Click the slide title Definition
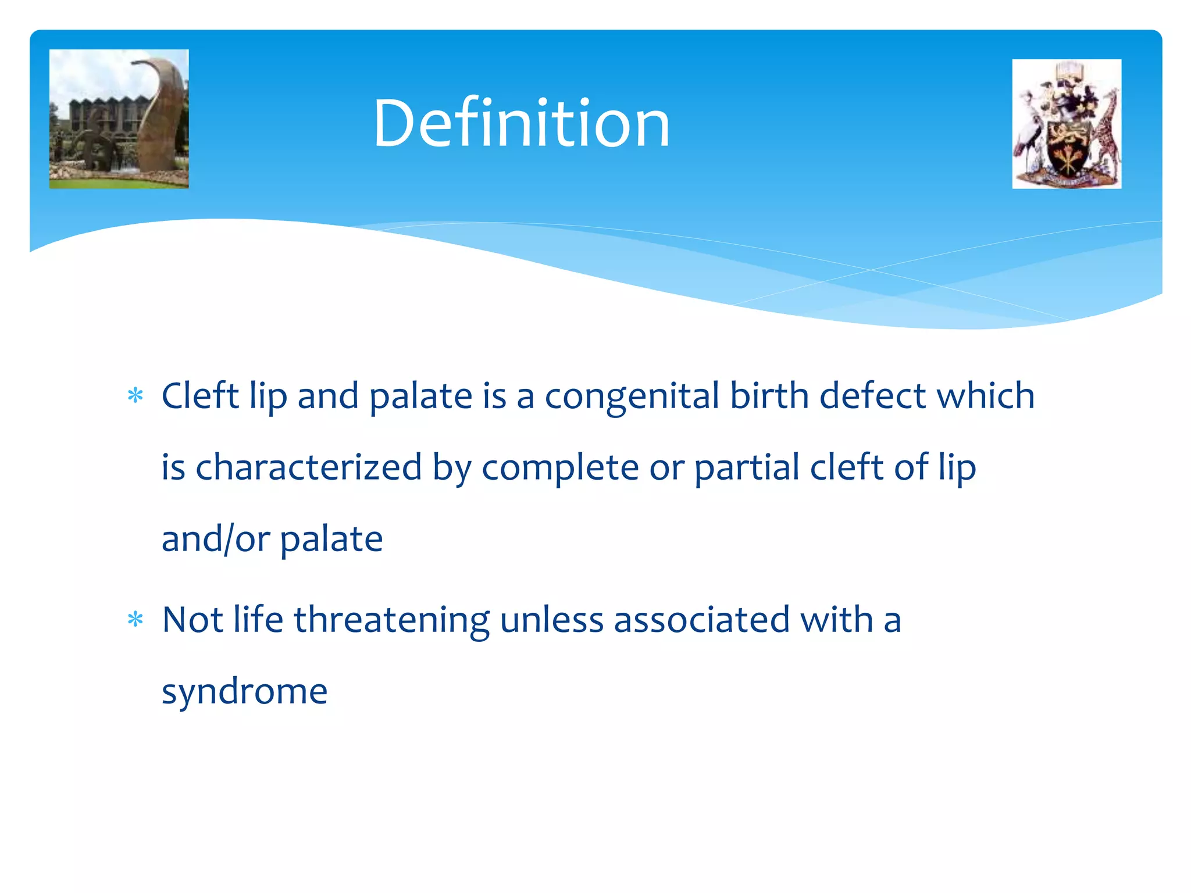click(x=521, y=123)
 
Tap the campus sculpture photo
click(x=119, y=119)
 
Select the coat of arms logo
click(x=1066, y=124)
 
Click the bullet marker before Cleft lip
click(x=135, y=397)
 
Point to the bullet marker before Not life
click(x=135, y=620)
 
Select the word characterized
click(x=308, y=467)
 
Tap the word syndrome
click(x=244, y=692)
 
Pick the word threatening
click(x=391, y=620)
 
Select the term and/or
click(x=215, y=540)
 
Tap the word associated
click(x=701, y=620)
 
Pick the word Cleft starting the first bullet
click(x=200, y=397)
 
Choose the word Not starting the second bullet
click(x=192, y=620)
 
